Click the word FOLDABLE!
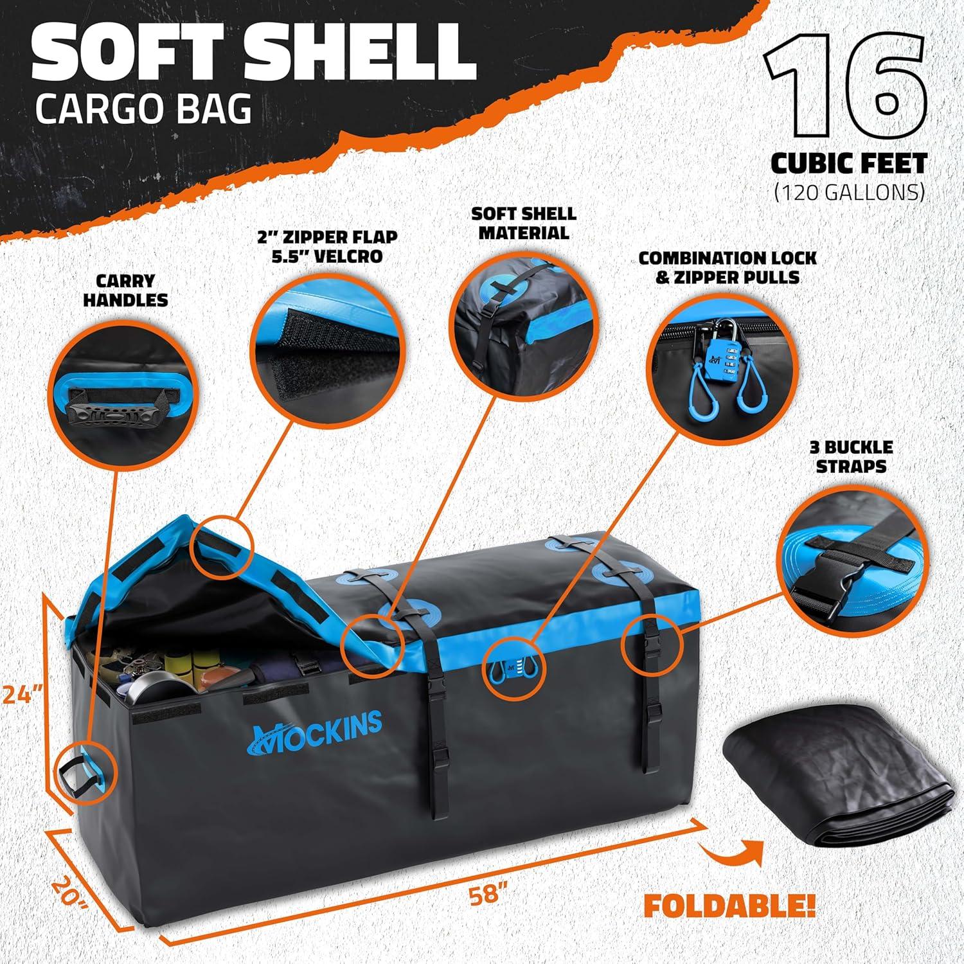pyautogui.click(x=729, y=907)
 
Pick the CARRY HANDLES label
pyautogui.click(x=126, y=290)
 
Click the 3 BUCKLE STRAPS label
pyautogui.click(x=855, y=456)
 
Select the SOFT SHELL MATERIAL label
pyautogui.click(x=523, y=223)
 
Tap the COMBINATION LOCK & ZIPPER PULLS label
pyautogui.click(x=727, y=267)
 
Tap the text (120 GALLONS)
pyautogui.click(x=850, y=192)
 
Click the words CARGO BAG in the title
pyautogui.click(x=143, y=109)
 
